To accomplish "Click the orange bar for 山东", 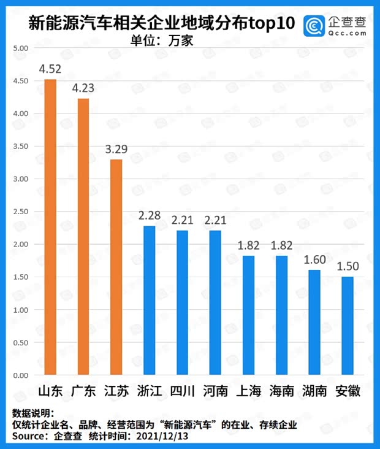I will coord(50,227).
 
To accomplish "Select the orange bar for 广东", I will coord(83,236).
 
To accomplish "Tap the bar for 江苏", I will coord(116,267).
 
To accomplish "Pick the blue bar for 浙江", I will coord(149,301).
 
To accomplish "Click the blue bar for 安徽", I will coord(347,326).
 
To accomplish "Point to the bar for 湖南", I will coord(314,323).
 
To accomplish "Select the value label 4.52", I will coord(50,68).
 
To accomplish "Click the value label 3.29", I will coord(116,148).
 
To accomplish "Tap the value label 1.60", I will coord(314,259).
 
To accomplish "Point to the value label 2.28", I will coord(149,215).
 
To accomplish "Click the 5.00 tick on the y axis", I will coord(20,48).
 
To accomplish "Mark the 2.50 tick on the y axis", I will coord(20,212).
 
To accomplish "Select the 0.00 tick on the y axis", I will coord(20,375).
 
